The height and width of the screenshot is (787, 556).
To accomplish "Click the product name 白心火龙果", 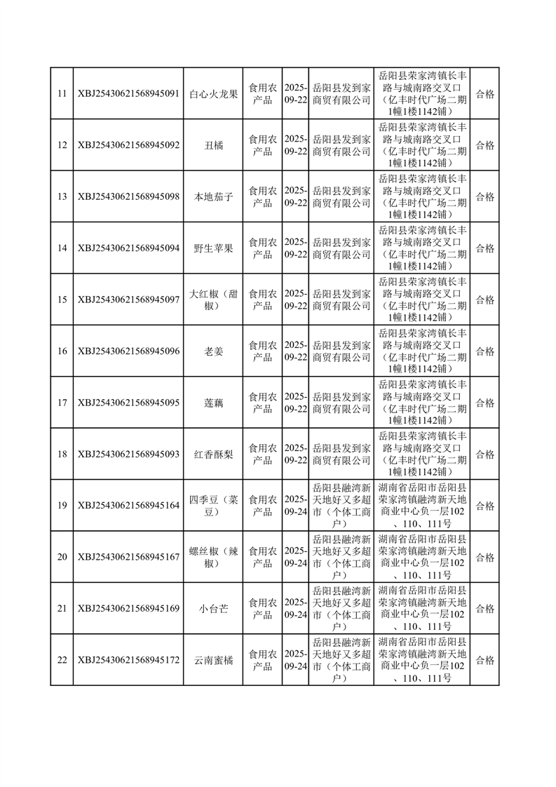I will coord(213,93).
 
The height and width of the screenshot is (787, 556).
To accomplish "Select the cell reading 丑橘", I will coord(213,145).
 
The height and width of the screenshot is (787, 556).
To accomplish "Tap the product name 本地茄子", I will coord(213,196).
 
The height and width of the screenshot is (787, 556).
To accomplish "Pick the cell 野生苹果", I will coord(213,248).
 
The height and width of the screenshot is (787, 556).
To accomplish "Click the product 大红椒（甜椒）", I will coord(213,300).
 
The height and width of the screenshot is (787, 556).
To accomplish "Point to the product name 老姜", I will coord(213,351).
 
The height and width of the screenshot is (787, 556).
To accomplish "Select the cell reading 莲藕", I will coord(213,403).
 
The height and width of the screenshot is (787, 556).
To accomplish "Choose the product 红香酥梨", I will coord(213,454).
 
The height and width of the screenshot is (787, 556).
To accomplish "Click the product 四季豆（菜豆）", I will coord(213,505).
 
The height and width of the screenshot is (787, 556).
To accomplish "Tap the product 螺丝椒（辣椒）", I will coord(213,557).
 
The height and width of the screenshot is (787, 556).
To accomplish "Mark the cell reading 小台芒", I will coord(213,608).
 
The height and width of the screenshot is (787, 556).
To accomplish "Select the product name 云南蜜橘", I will coord(213,660).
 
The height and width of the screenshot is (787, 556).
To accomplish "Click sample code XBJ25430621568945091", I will coord(128,93).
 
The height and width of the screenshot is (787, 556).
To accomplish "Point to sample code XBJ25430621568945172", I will coord(128,660).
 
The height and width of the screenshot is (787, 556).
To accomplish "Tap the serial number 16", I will coord(62,351).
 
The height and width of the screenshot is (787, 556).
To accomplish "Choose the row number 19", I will coord(62,505).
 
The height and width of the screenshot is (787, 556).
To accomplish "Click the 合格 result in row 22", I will coord(484,660).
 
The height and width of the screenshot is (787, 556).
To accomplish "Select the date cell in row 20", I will coord(296,557).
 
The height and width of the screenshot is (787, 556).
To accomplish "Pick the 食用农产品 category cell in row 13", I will coord(263,196).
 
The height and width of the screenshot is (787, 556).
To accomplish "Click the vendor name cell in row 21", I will coord(341,608).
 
